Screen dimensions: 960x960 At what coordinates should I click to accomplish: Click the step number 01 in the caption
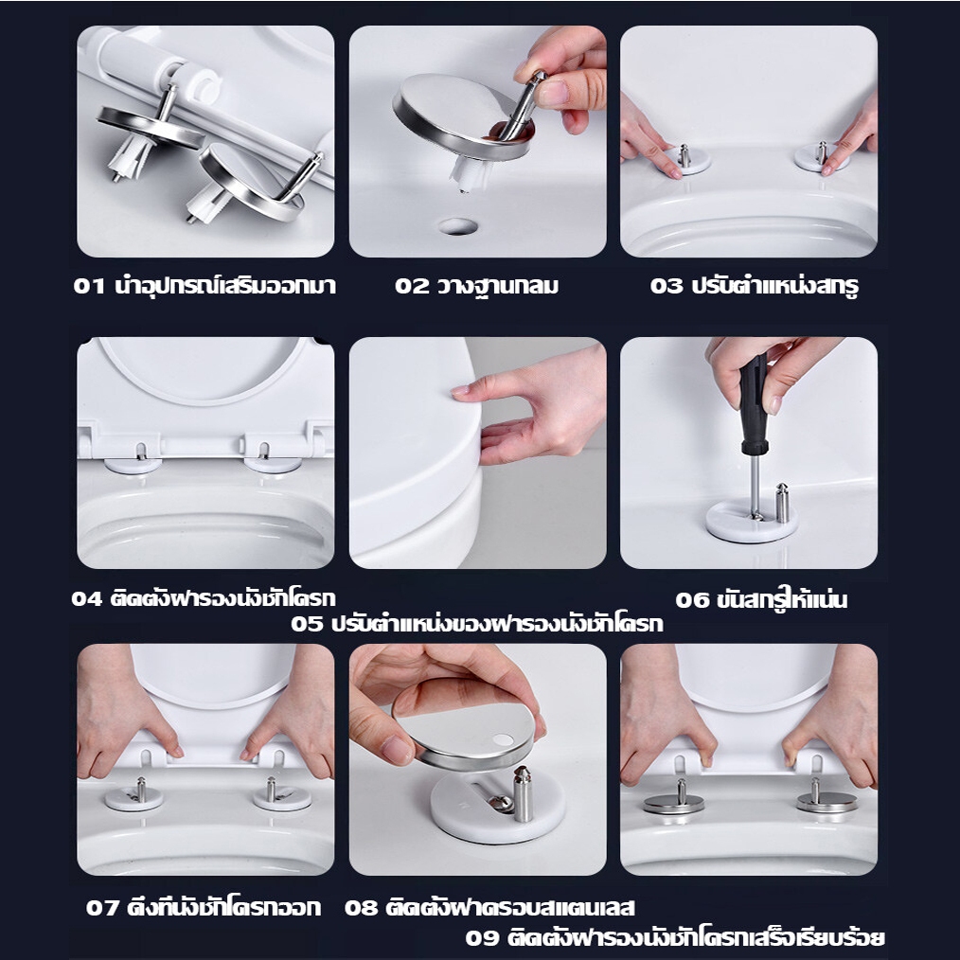89,286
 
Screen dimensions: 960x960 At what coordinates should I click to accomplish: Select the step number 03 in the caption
667,286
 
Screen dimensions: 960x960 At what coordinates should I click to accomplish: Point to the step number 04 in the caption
87,598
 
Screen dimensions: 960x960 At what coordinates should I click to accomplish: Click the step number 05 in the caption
306,624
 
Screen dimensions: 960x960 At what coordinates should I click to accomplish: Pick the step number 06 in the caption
692,600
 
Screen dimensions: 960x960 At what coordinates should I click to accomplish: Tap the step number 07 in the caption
101,907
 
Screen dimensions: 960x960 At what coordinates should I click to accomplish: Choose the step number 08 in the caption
360,907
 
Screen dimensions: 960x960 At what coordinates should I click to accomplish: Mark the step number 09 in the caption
481,937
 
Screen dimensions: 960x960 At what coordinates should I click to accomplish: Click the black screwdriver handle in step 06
754,403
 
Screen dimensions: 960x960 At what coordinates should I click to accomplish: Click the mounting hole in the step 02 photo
458,226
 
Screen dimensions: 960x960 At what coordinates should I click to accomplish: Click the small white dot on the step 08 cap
504,739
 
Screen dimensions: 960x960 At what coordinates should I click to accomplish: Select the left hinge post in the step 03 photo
684,155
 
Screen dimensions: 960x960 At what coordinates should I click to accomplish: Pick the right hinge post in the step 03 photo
822,152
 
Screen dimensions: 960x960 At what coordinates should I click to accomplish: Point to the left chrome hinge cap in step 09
673,803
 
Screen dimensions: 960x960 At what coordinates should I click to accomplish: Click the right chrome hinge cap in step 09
827,802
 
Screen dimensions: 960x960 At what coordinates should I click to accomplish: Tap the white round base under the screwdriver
752,521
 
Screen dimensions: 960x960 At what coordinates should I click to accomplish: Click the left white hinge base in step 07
134,798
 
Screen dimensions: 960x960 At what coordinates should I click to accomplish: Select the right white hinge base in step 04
273,465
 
